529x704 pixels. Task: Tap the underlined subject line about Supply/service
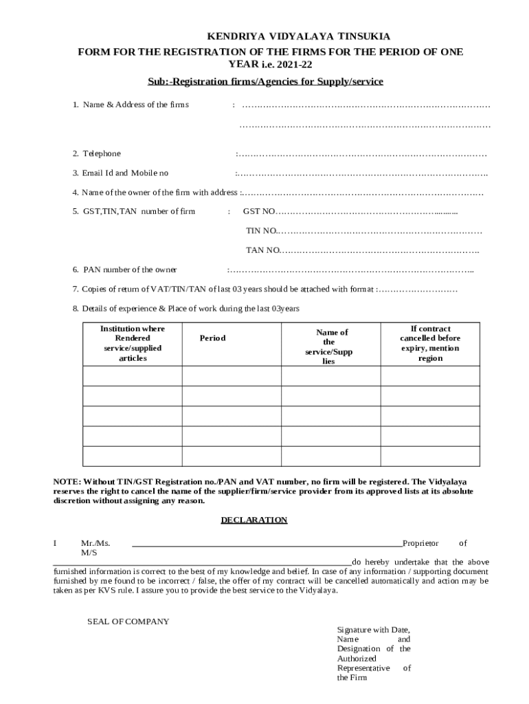(265, 81)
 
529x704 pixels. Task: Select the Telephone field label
(102, 153)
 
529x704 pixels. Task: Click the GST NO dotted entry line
(367, 211)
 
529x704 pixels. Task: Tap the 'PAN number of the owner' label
(130, 269)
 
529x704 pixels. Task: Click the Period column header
(212, 338)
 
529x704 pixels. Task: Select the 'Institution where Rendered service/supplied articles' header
(133, 343)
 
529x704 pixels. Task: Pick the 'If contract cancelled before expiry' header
(430, 343)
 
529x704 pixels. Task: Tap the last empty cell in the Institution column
(133, 456)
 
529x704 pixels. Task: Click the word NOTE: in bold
(67, 481)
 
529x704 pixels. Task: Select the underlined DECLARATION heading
(254, 520)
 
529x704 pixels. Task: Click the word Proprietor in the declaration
(420, 543)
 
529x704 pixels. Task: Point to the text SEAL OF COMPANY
(128, 621)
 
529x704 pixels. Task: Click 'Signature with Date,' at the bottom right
(373, 629)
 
